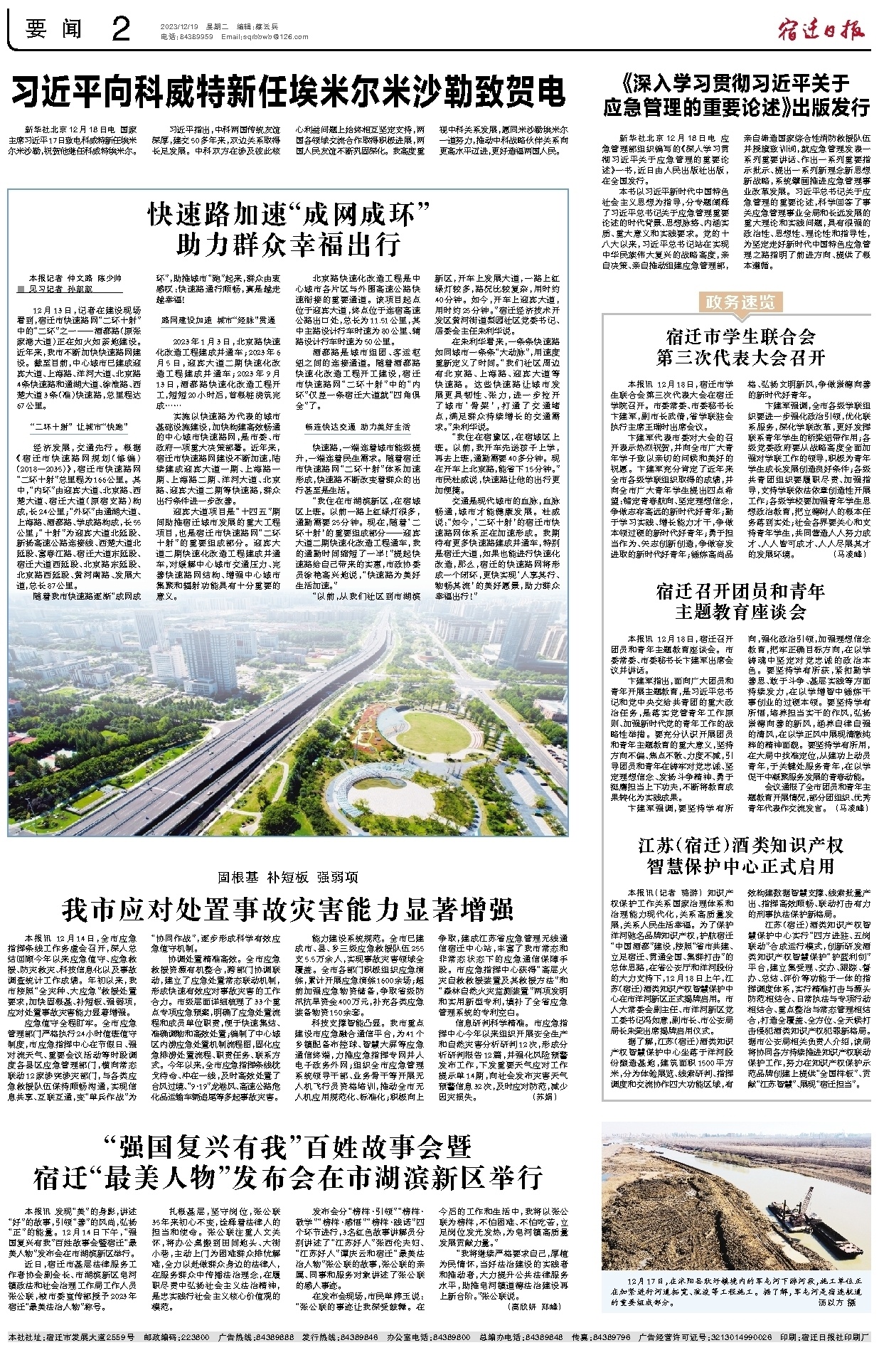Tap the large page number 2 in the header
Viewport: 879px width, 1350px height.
(120, 30)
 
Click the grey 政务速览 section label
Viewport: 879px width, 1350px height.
(740, 302)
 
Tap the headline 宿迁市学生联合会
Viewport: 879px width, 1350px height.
(740, 336)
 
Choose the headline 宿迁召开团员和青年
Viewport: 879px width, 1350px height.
(740, 591)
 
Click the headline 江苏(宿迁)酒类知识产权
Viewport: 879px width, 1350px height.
(740, 845)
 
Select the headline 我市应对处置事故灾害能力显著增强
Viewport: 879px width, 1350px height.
(288, 910)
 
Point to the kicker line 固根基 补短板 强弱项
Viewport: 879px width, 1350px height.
(288, 877)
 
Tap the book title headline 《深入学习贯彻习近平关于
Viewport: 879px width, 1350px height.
(735, 84)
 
